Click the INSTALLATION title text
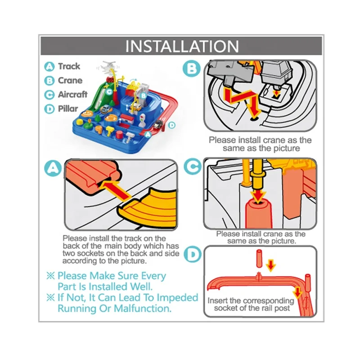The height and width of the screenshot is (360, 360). (x=182, y=46)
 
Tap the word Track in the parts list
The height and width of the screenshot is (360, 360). (x=69, y=66)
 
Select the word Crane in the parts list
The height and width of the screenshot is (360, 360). (x=70, y=81)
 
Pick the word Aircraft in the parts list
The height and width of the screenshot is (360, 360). (x=72, y=94)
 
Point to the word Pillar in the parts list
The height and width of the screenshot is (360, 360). (x=68, y=108)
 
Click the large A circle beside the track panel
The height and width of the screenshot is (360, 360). (x=53, y=168)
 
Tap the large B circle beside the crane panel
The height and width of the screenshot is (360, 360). (x=192, y=68)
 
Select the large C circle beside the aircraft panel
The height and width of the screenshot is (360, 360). (x=193, y=166)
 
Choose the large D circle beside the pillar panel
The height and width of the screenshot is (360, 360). (x=193, y=254)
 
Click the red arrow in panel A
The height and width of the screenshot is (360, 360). (x=116, y=189)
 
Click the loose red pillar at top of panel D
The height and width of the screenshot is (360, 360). (x=259, y=259)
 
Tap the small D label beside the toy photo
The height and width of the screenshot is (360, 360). (x=172, y=125)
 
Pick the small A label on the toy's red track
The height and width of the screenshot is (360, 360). (x=148, y=134)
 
